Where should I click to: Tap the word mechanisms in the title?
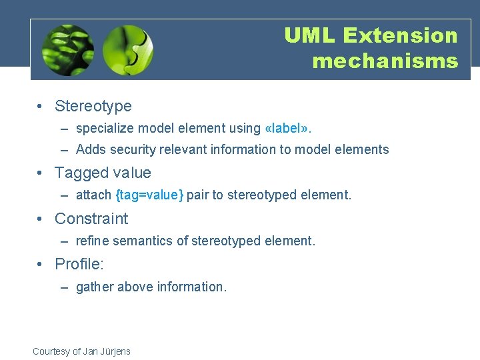(385, 61)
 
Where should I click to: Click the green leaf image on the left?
(67, 50)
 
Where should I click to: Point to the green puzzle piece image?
(128, 50)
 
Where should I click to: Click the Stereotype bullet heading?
(93, 106)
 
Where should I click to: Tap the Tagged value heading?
(103, 173)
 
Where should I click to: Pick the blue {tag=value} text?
(149, 195)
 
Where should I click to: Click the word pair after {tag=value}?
(197, 195)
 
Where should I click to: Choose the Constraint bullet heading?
(91, 219)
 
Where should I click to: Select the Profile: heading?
(79, 265)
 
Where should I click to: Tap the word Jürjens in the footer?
(114, 351)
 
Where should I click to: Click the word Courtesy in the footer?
(51, 351)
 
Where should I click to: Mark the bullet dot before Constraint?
(41, 219)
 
